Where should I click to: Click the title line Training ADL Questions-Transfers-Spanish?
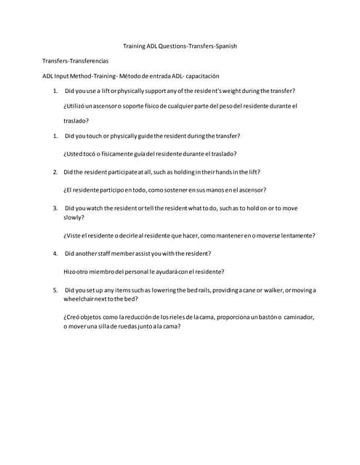click(180, 46)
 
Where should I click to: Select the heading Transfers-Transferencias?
click(75, 61)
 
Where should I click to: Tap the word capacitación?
click(200, 76)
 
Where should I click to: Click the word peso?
click(225, 106)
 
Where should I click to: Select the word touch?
click(97, 136)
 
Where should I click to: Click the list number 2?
click(56, 172)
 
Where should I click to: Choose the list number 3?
click(56, 208)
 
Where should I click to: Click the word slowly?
click(73, 217)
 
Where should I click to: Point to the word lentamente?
click(297, 235)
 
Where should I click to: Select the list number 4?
click(56, 254)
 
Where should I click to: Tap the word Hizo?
click(71, 272)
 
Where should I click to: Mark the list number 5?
click(56, 290)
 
